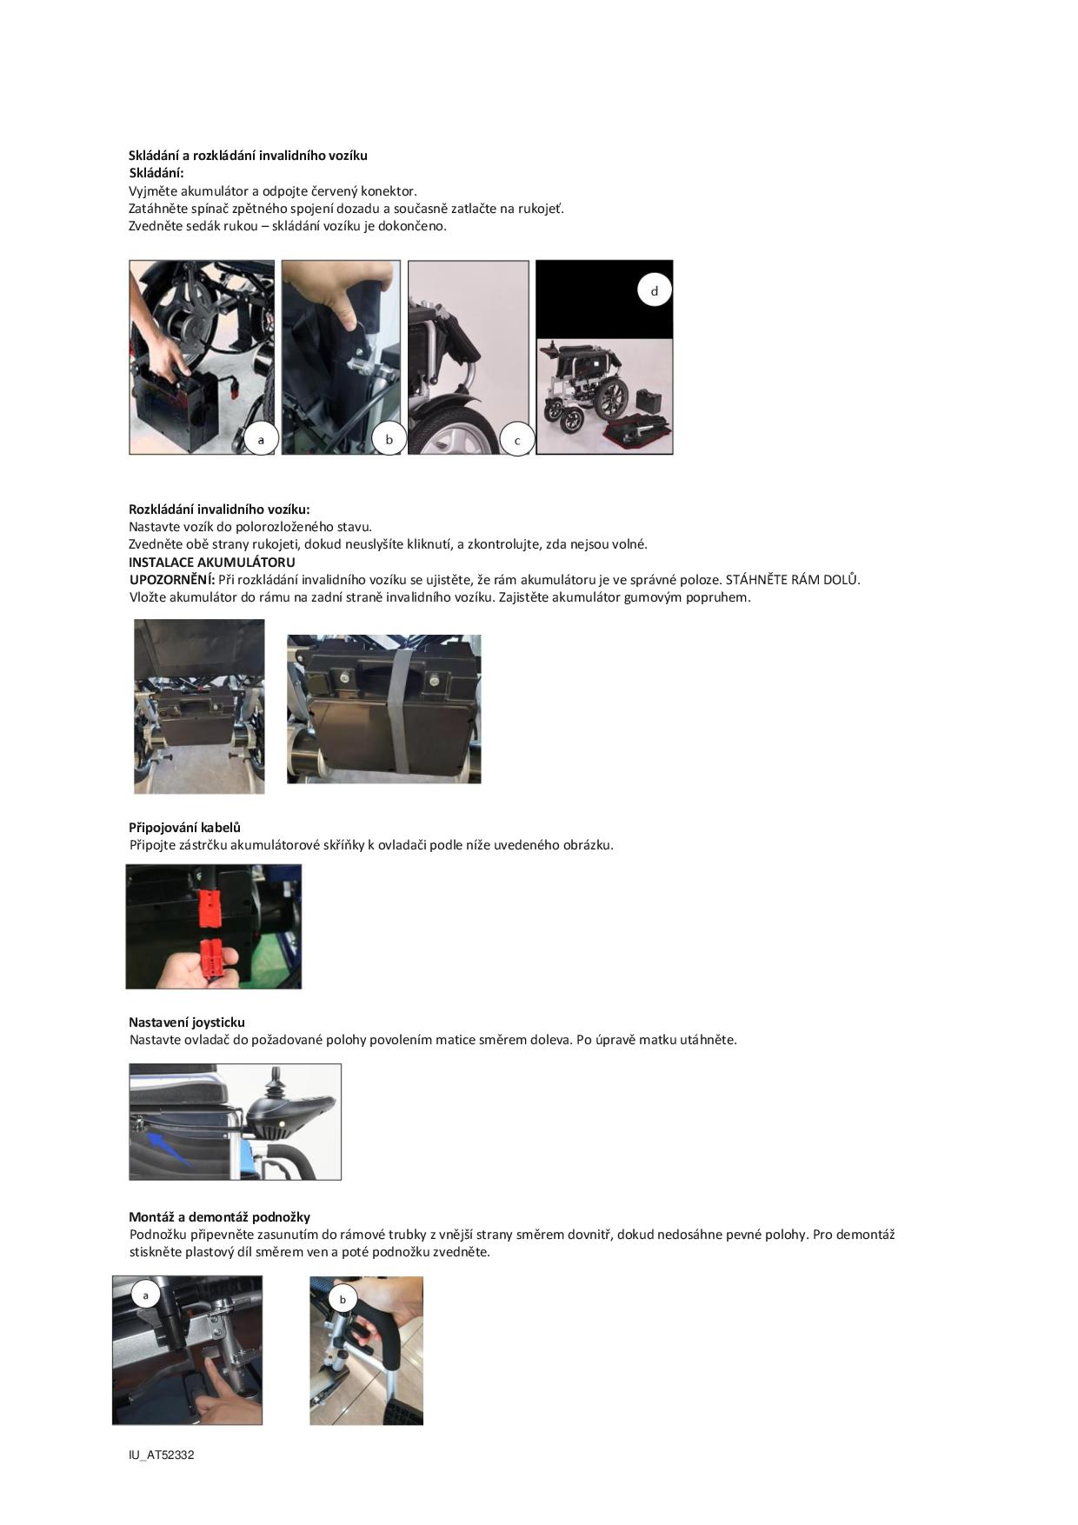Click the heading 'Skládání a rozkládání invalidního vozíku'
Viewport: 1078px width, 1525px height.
click(x=248, y=156)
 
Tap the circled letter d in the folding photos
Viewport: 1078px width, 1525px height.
click(x=655, y=290)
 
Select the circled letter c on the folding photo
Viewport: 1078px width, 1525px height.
click(x=517, y=440)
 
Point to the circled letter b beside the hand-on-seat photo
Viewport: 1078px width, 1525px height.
click(x=389, y=439)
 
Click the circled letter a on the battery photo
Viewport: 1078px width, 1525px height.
click(x=261, y=439)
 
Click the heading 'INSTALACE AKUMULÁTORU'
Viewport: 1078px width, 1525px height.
click(x=212, y=563)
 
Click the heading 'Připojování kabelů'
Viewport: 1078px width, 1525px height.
click(x=184, y=828)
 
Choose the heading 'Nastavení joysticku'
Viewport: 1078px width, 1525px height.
click(x=187, y=1022)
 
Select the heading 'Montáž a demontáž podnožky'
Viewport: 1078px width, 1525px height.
click(x=219, y=1217)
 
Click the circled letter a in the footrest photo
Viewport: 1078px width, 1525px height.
click(x=145, y=1295)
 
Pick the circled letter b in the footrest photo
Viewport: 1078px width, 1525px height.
click(x=343, y=1300)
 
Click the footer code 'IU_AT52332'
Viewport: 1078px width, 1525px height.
click(x=162, y=1455)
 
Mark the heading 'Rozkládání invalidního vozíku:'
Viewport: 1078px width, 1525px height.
click(x=219, y=509)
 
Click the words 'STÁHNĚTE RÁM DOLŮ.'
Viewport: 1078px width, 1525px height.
click(x=793, y=580)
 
